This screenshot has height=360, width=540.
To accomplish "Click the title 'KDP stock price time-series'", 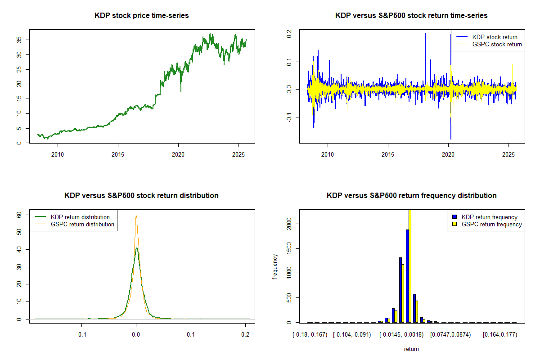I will point(142,16).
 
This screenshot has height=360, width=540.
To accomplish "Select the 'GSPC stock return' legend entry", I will point(497,44).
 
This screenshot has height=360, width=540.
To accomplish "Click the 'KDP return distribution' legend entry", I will point(80,217).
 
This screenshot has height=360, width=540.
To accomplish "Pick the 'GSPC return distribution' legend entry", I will point(82,224).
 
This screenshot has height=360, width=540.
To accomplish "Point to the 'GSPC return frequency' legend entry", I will point(491,224).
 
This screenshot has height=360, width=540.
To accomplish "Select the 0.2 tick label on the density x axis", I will point(246,335).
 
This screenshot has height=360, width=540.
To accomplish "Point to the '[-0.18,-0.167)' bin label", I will point(309,335).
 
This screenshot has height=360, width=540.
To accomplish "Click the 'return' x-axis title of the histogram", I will point(411,349).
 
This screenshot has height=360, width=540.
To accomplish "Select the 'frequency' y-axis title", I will point(275,267).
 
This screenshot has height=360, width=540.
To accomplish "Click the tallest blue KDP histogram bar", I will point(407,275).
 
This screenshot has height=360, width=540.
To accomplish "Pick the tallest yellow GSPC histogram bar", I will point(410,265).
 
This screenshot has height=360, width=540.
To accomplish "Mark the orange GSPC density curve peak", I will point(136,216).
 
